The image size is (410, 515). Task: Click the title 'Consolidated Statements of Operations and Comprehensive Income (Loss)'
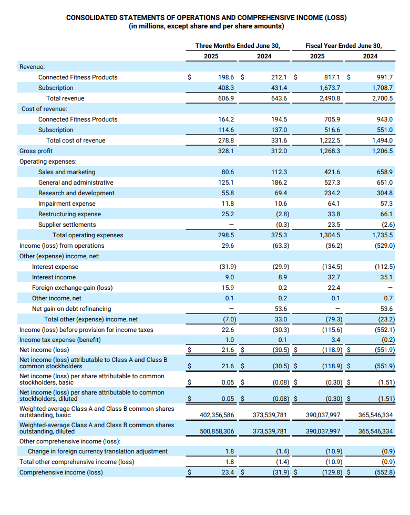pos(206,17)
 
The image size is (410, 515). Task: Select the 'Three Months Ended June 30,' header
pos(238,46)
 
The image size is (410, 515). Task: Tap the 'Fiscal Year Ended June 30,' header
pos(344,46)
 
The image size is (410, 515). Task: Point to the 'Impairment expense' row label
pos(67,204)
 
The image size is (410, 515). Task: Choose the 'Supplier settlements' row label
pos(67,225)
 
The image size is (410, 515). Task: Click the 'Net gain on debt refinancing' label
pos(71,309)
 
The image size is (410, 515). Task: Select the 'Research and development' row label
pos(76,193)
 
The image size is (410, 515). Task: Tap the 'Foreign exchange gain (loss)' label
pos(72,288)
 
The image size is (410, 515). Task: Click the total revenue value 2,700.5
pos(382,98)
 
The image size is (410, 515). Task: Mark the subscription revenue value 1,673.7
pos(330,88)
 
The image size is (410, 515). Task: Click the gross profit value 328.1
pos(226,151)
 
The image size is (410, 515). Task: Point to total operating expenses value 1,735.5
pos(382,235)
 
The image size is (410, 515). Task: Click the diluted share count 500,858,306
pos(217,431)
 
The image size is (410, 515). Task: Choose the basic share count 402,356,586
pos(217,415)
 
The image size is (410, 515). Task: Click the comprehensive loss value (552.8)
pos(385,472)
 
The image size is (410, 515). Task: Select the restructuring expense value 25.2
pos(228,214)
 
